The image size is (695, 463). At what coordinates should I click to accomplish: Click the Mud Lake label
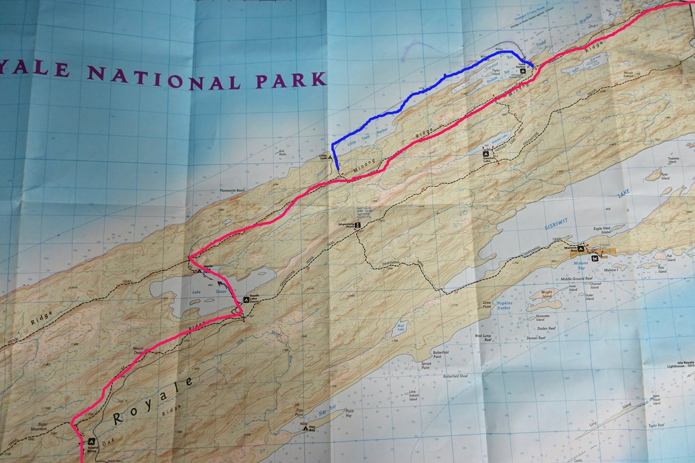tap(399, 331)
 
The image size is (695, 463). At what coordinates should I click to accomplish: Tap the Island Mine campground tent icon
tap(92, 442)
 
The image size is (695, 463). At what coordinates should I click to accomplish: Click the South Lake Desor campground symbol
tap(246, 299)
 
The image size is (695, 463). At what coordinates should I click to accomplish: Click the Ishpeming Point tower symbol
tap(358, 224)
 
